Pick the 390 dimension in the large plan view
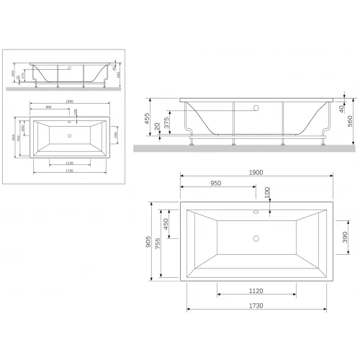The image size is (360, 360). (x=345, y=238)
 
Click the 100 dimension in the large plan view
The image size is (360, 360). (x=267, y=194)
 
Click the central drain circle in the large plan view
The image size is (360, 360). (x=256, y=237)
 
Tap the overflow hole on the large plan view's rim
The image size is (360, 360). (x=256, y=213)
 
